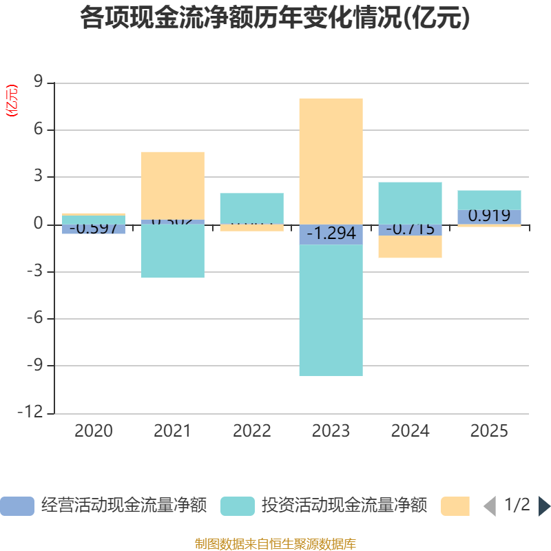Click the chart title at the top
pos(275,18)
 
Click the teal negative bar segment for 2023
pos(331,310)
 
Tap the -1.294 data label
pos(331,234)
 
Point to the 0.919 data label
pos(489,216)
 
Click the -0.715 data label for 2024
pos(410,229)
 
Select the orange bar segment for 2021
pos(172,185)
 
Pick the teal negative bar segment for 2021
pos(172,251)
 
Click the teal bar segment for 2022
pos(251,208)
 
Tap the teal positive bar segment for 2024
pos(410,202)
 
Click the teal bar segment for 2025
pos(489,200)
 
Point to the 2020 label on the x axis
pos(93,431)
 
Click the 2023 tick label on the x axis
pos(331,431)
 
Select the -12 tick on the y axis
pos(34,413)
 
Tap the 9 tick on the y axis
pos(38,83)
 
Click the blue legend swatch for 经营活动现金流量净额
pos(17,506)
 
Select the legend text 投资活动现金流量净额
pos(344,506)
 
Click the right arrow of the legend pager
pos(544,506)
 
